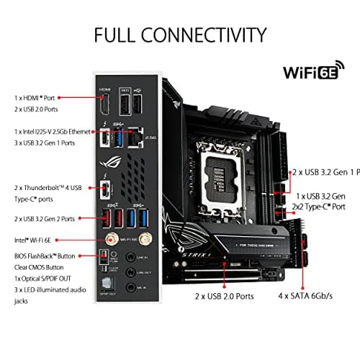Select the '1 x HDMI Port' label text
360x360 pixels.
(x=35, y=96)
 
